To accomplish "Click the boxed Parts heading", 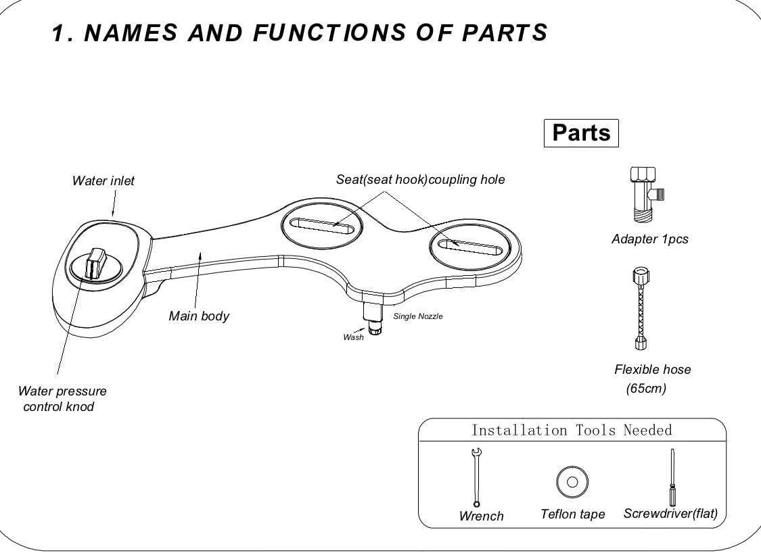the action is click(581, 133).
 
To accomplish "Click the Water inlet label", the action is click(103, 181).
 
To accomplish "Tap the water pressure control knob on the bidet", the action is click(95, 264).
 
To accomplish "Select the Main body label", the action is click(198, 316).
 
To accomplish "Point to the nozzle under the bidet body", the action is click(373, 318).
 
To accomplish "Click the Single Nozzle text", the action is click(418, 316).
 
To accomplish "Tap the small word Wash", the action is click(353, 337).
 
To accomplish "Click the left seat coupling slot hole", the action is click(322, 226).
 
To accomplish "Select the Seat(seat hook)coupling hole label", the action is click(420, 179).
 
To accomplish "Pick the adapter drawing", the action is click(646, 195).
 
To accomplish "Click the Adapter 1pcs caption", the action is click(650, 239).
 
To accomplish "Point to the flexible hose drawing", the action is click(641, 308).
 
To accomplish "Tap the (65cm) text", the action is click(646, 389).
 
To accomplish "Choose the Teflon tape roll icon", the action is click(572, 482).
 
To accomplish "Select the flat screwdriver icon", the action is click(672, 477).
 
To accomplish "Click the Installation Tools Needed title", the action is click(572, 430).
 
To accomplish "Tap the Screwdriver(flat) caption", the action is click(670, 514).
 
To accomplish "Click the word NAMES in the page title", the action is click(131, 33).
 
